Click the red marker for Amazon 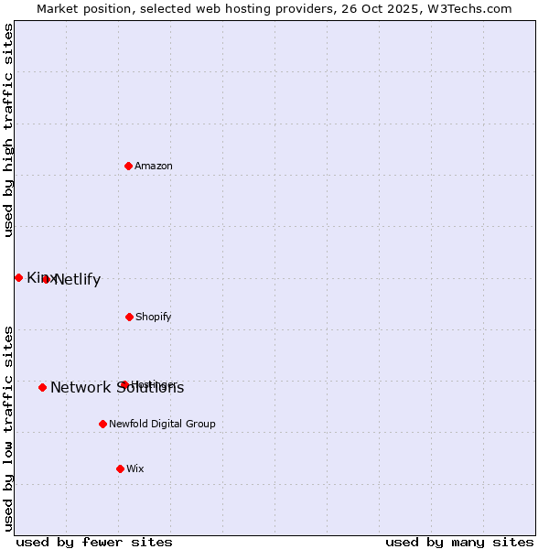pyautogui.click(x=128, y=166)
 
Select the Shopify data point pyautogui.click(x=129, y=317)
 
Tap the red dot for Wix pyautogui.click(x=120, y=468)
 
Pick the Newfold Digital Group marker pyautogui.click(x=102, y=424)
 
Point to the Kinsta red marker pyautogui.click(x=18, y=277)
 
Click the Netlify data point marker pyautogui.click(x=46, y=279)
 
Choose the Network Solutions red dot pyautogui.click(x=42, y=387)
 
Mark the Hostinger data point pyautogui.click(x=124, y=384)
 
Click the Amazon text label pyautogui.click(x=154, y=166)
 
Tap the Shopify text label pyautogui.click(x=154, y=317)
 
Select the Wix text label pyautogui.click(x=135, y=468)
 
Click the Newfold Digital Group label pyautogui.click(x=162, y=424)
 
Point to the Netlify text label pyautogui.click(x=78, y=280)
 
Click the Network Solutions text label pyautogui.click(x=117, y=388)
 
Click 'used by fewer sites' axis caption pyautogui.click(x=94, y=542)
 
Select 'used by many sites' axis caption pyautogui.click(x=459, y=542)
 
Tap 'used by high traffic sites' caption pyautogui.click(x=8, y=130)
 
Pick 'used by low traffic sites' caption pyautogui.click(x=8, y=427)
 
